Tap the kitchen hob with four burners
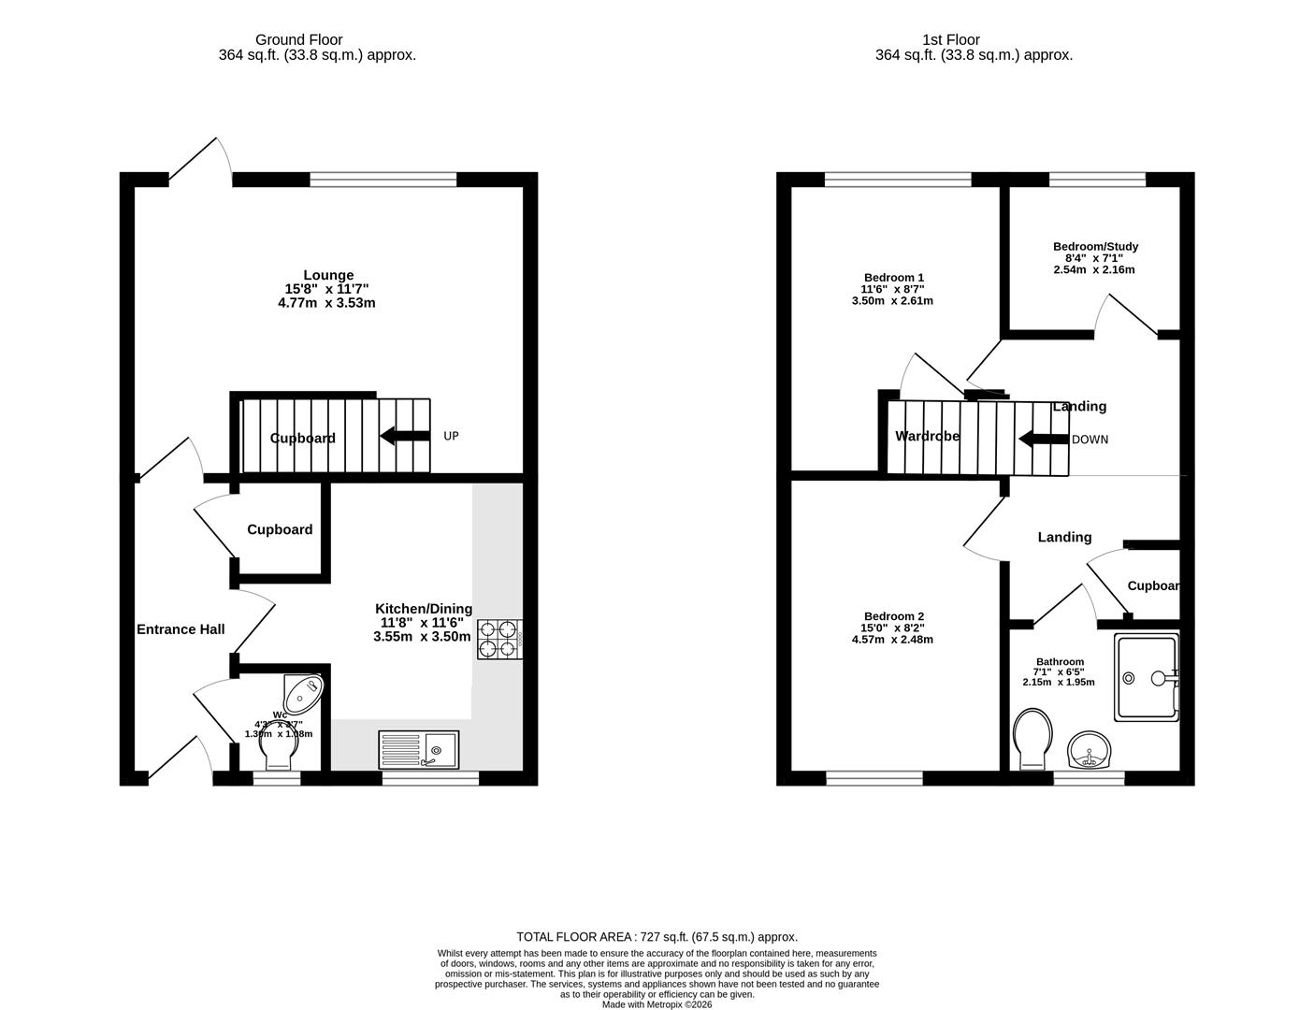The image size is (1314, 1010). pyautogui.click(x=499, y=640)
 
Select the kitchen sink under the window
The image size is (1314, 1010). pyautogui.click(x=418, y=749)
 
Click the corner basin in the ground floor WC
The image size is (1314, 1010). pyautogui.click(x=304, y=692)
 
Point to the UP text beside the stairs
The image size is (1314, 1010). pyautogui.click(x=451, y=436)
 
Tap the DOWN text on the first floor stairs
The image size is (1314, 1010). pyautogui.click(x=1090, y=440)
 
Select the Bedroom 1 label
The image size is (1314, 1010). pyautogui.click(x=893, y=278)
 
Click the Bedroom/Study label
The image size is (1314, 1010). pyautogui.click(x=1095, y=247)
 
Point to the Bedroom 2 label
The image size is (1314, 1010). pyautogui.click(x=893, y=616)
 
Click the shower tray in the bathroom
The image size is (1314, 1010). pyautogui.click(x=1146, y=677)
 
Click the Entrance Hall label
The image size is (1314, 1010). pyautogui.click(x=180, y=629)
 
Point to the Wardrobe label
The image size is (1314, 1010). pyautogui.click(x=927, y=436)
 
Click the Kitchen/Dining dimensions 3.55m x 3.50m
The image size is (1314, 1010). pyautogui.click(x=422, y=637)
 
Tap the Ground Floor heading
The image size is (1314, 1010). pyautogui.click(x=298, y=40)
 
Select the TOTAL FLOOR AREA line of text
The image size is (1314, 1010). pyautogui.click(x=657, y=937)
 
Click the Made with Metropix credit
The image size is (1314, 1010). pyautogui.click(x=657, y=1005)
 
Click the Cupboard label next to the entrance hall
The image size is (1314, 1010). pyautogui.click(x=280, y=529)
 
